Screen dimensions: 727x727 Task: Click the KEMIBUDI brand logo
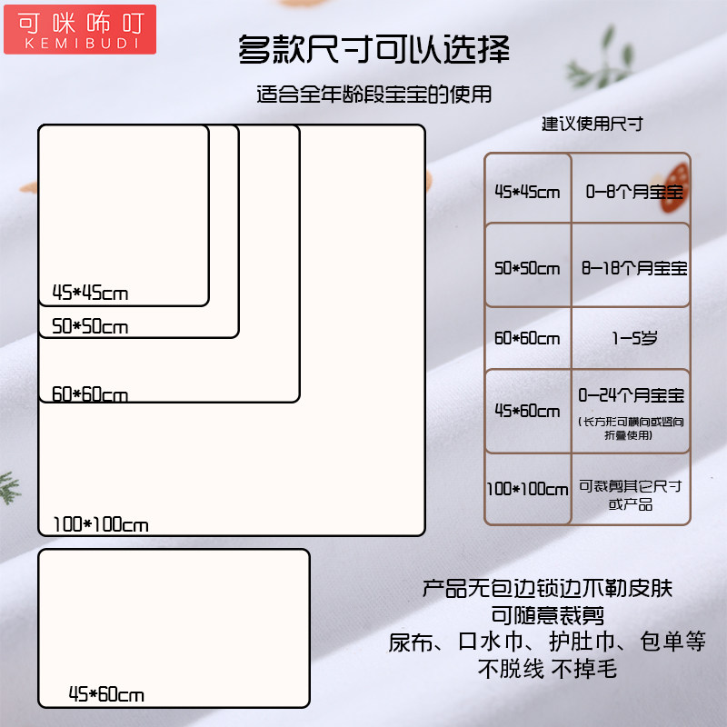[79, 28]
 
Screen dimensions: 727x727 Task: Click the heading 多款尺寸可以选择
[373, 49]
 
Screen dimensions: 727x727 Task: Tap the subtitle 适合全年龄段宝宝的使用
[373, 95]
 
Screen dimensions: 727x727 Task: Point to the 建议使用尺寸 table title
[593, 124]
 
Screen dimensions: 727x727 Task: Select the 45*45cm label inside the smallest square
[90, 293]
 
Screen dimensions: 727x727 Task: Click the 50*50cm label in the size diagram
[90, 326]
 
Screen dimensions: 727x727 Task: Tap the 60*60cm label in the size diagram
[90, 394]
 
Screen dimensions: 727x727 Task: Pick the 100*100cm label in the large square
[100, 524]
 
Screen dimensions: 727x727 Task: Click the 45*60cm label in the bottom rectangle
[106, 695]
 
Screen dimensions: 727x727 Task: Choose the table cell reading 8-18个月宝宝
[633, 268]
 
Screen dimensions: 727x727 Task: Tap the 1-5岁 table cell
[633, 338]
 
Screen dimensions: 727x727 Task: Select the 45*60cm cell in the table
[527, 411]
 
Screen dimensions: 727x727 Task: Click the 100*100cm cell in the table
[527, 489]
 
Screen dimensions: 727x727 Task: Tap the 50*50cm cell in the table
[527, 268]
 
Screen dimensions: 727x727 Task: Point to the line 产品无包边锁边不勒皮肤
[547, 588]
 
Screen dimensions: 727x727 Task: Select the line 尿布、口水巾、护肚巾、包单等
[547, 642]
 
